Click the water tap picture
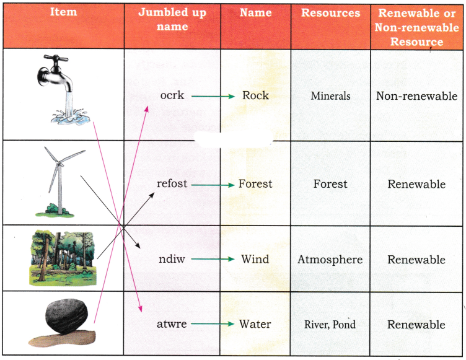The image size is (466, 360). tap(63, 89)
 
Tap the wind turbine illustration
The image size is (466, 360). tap(60, 182)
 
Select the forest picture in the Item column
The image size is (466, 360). tap(63, 257)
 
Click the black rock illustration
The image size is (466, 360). tap(63, 323)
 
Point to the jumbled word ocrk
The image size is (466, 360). tap(172, 95)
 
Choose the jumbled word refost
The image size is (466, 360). tap(172, 183)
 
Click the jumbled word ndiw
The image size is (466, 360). tap(172, 259)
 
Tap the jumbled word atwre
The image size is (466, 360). tap(172, 323)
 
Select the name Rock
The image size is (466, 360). tap(255, 95)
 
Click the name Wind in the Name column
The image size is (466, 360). tap(255, 259)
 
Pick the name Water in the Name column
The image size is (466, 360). tap(255, 323)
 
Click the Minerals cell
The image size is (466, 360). tap(330, 95)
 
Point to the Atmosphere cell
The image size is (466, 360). tap(330, 260)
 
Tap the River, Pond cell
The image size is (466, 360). tap(330, 324)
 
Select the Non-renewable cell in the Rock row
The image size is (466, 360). tap(416, 96)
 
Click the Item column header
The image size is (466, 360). tap(64, 12)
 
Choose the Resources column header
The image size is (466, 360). tap(330, 13)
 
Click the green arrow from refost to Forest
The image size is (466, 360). tap(213, 185)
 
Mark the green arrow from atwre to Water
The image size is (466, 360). tap(213, 323)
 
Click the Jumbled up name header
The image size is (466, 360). tap(172, 19)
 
